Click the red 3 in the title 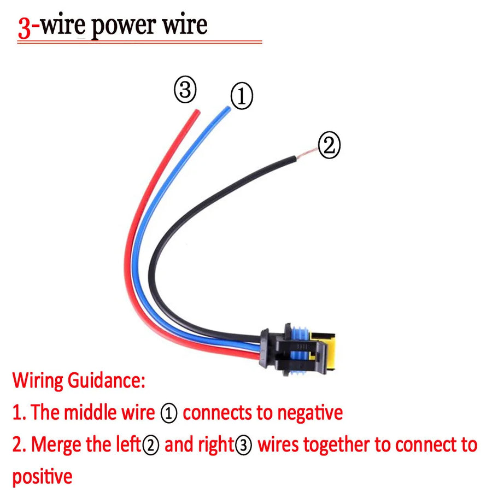[25, 28]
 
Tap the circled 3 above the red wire [185, 90]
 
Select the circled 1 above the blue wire [242, 96]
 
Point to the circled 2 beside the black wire [329, 145]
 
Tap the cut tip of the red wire [197, 112]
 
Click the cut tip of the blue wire [227, 109]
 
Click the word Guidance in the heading [107, 380]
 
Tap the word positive [42, 476]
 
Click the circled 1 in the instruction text [169, 413]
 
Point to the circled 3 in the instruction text [243, 445]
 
